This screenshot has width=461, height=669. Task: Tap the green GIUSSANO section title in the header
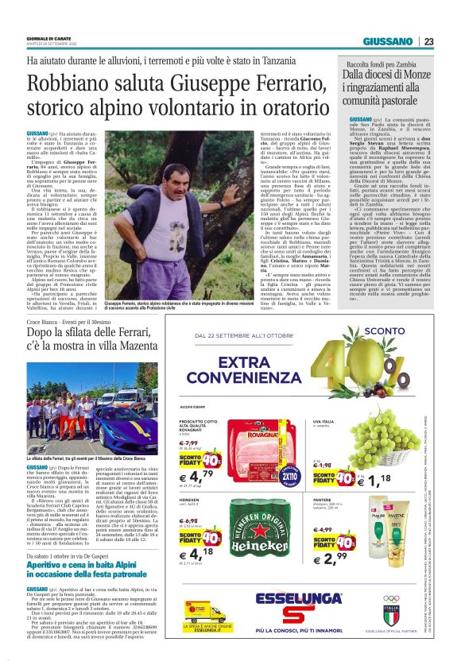388,41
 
